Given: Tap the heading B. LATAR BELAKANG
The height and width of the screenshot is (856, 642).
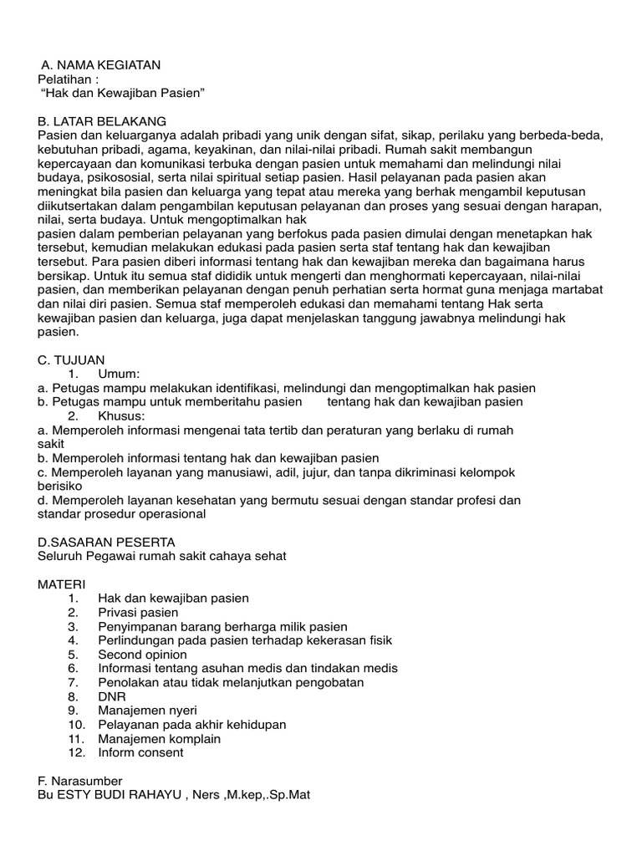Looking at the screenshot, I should pos(103,121).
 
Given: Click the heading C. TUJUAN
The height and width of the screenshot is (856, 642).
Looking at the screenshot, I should pos(71,360).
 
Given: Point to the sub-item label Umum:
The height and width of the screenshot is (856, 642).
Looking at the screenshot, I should pos(118,374).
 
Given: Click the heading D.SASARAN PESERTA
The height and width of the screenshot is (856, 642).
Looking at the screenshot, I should pos(106,543).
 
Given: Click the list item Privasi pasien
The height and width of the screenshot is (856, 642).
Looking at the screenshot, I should pos(138,613).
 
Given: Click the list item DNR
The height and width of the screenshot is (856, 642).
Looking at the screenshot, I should pos(111,696).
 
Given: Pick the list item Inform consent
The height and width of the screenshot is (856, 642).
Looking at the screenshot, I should pos(140,752).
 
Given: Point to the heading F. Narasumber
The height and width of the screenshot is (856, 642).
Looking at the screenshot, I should pos(81,781).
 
